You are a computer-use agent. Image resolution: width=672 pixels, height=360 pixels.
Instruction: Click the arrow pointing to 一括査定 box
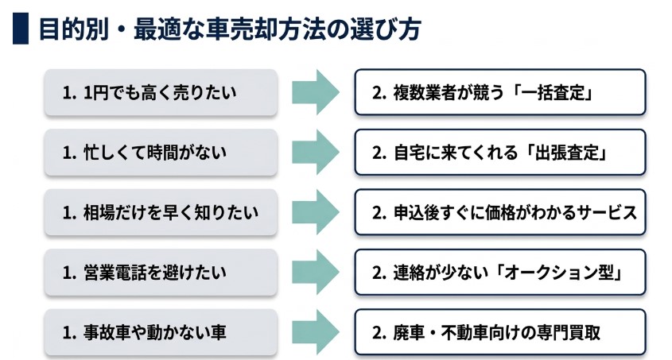[315, 92]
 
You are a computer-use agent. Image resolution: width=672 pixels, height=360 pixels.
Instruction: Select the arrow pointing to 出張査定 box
[315, 152]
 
